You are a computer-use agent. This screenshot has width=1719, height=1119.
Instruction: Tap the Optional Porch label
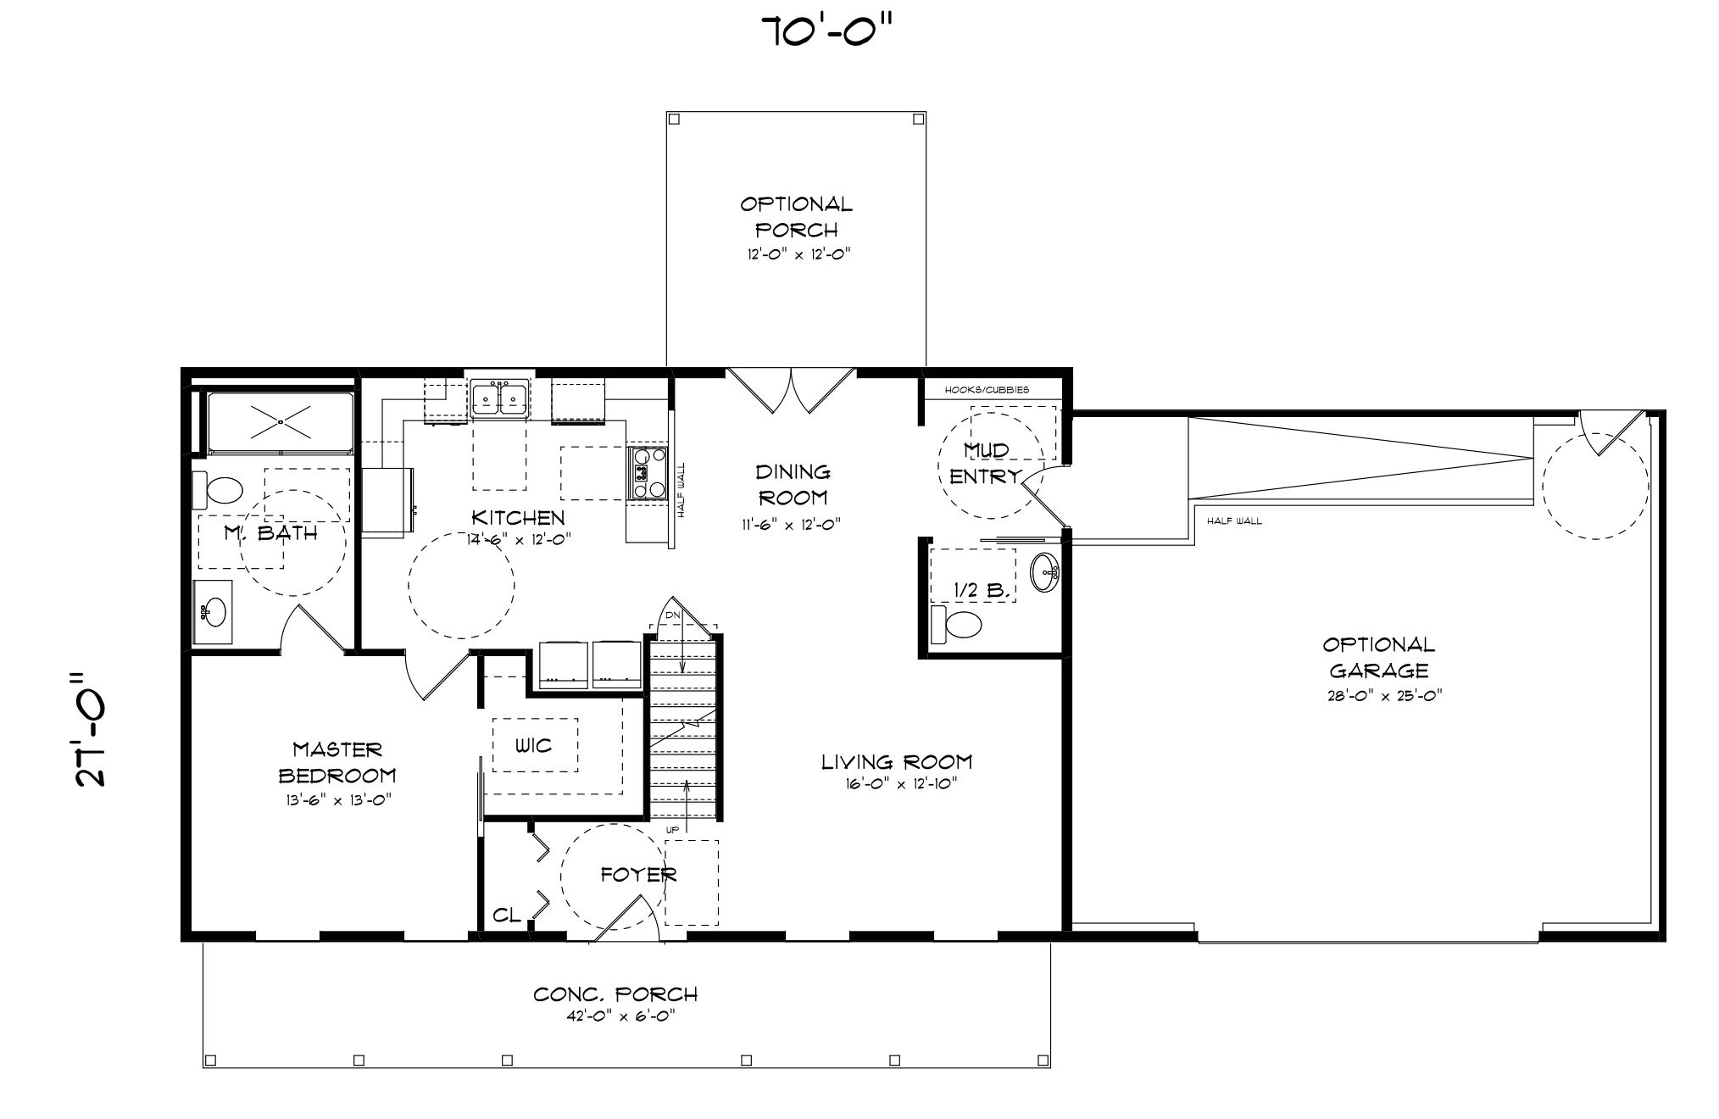pos(796,217)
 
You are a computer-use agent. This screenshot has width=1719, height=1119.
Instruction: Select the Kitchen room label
pos(518,517)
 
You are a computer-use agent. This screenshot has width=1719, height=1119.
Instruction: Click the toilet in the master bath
pos(219,490)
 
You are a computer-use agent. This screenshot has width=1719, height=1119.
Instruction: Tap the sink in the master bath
pos(212,610)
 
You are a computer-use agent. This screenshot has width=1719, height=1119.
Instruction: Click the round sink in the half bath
pos(1046,574)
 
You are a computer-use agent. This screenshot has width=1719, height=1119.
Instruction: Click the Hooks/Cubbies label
pos(987,390)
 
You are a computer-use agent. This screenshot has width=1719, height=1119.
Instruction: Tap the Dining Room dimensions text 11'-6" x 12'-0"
pos(792,525)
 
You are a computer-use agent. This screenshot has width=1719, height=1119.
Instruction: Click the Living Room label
pos(896,761)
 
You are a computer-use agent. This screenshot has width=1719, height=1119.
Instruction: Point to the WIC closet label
pos(533,745)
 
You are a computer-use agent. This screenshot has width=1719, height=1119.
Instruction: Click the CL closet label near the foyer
pos(506,916)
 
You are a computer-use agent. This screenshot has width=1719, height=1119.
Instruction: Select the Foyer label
pos(638,874)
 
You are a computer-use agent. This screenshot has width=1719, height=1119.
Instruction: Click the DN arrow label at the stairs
pos(672,615)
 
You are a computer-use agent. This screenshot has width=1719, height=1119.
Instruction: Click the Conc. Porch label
pos(615,994)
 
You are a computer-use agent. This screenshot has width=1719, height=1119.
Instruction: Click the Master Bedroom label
pos(337,761)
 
